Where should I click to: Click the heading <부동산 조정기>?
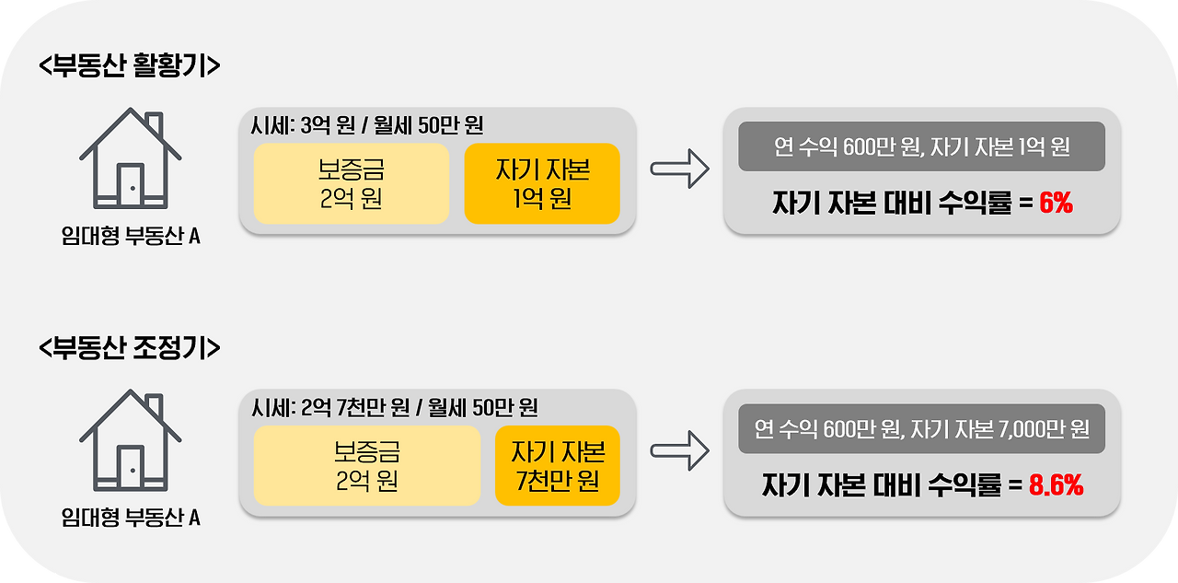tap(130, 348)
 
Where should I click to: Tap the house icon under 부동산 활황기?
tap(130, 158)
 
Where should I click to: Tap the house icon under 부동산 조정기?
tap(130, 440)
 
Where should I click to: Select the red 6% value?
tap(1056, 204)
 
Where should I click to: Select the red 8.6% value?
tap(1056, 485)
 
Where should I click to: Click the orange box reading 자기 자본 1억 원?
tap(542, 183)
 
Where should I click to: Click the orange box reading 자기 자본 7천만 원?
tap(558, 465)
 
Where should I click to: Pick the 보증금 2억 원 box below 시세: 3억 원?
tap(351, 183)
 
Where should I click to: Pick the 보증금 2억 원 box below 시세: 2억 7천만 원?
tap(366, 465)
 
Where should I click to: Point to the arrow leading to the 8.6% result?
tap(679, 450)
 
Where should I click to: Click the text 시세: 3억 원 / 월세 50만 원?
tap(366, 125)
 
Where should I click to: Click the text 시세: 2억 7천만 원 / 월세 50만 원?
tap(394, 407)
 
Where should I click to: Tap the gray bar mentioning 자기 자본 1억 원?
tap(921, 146)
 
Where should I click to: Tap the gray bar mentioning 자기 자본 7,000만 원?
tap(921, 428)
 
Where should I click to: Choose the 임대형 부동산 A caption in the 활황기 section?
tap(130, 237)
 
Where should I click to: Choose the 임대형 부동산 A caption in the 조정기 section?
tap(130, 518)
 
